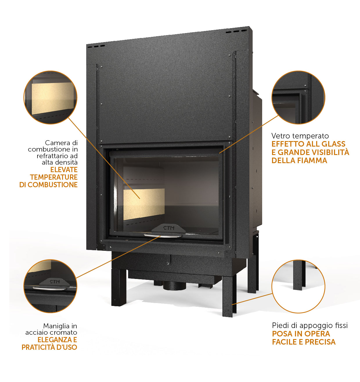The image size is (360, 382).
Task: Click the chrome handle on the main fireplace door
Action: [163, 236]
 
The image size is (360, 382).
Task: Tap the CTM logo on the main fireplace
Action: [169, 228]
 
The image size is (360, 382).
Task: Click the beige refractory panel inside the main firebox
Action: [144, 204]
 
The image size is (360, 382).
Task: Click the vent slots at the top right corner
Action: [236, 31]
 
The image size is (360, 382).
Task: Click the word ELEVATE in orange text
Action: [64, 170]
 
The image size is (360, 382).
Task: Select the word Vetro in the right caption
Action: [280, 136]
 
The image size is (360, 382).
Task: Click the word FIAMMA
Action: [312, 161]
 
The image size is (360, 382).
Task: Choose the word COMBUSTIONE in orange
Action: [53, 185]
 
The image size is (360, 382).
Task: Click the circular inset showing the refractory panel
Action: [51, 97]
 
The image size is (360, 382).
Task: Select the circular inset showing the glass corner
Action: [298, 97]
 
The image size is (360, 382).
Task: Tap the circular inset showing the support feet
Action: [298, 286]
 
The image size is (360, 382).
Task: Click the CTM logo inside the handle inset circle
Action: [55, 282]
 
